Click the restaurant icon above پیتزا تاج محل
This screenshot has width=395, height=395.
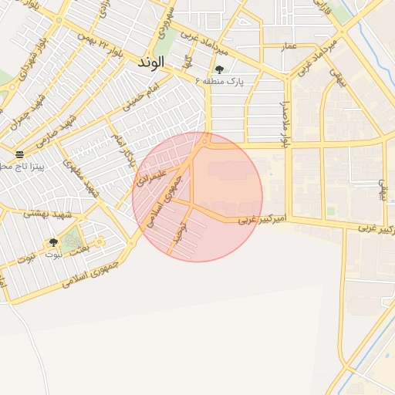(20, 154)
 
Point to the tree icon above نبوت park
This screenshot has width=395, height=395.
(53, 242)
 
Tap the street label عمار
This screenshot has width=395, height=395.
(289, 47)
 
